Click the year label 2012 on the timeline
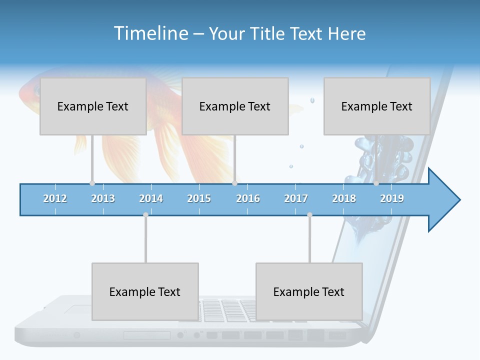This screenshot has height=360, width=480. coord(55,198)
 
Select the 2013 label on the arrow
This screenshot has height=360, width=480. coord(103,198)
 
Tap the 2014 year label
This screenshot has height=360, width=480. coord(151,198)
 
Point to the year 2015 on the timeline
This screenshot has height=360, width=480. coord(199,198)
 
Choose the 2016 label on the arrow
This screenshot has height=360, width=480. coord(248,198)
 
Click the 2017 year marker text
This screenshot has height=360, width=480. coord(296,198)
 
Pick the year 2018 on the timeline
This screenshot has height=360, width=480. coord(344,198)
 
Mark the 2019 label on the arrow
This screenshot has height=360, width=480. coord(392,198)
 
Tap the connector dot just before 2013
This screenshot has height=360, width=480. coord(92,183)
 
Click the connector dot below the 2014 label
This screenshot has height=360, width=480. coord(145,215)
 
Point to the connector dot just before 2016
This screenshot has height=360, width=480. coord(234,183)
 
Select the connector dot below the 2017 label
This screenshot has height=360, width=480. coord(309,215)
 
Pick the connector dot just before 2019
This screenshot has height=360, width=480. coord(376,183)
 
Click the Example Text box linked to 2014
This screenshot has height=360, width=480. coord(145,291)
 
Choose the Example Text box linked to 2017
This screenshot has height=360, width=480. coord(309,291)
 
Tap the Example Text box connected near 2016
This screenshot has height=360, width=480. coord(235,106)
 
